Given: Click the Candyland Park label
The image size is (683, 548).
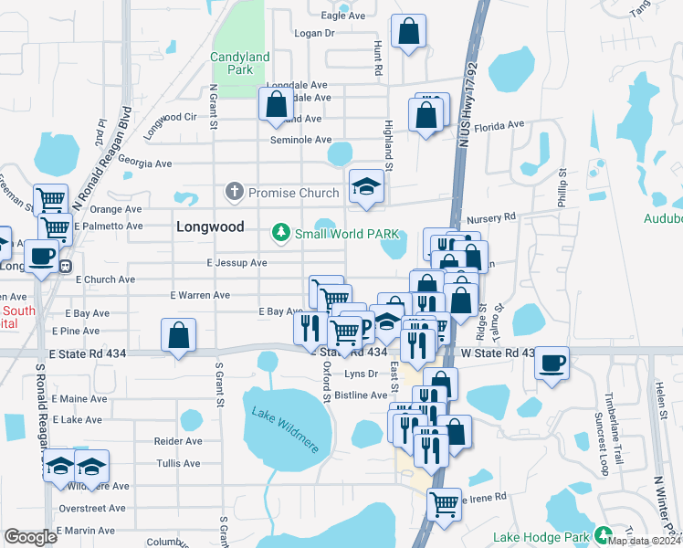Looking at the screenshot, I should point(240,63).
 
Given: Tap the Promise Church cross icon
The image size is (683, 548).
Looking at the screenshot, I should point(234,192).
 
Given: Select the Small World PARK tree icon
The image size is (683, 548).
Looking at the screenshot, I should point(281,234).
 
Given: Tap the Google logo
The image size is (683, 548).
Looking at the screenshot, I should point(30,537).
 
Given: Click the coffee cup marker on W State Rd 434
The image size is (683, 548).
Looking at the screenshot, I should point(552,363).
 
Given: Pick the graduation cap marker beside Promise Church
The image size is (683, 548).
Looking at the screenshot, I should point(366,186).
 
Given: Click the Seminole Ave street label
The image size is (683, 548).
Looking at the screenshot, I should point(300,140).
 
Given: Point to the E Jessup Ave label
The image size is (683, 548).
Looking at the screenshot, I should point(236,263).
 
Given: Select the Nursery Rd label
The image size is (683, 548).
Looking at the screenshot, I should point(490,218).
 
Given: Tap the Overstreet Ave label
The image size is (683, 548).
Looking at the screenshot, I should point(92,508).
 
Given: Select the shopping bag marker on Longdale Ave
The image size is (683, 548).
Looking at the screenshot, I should point(275,106).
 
